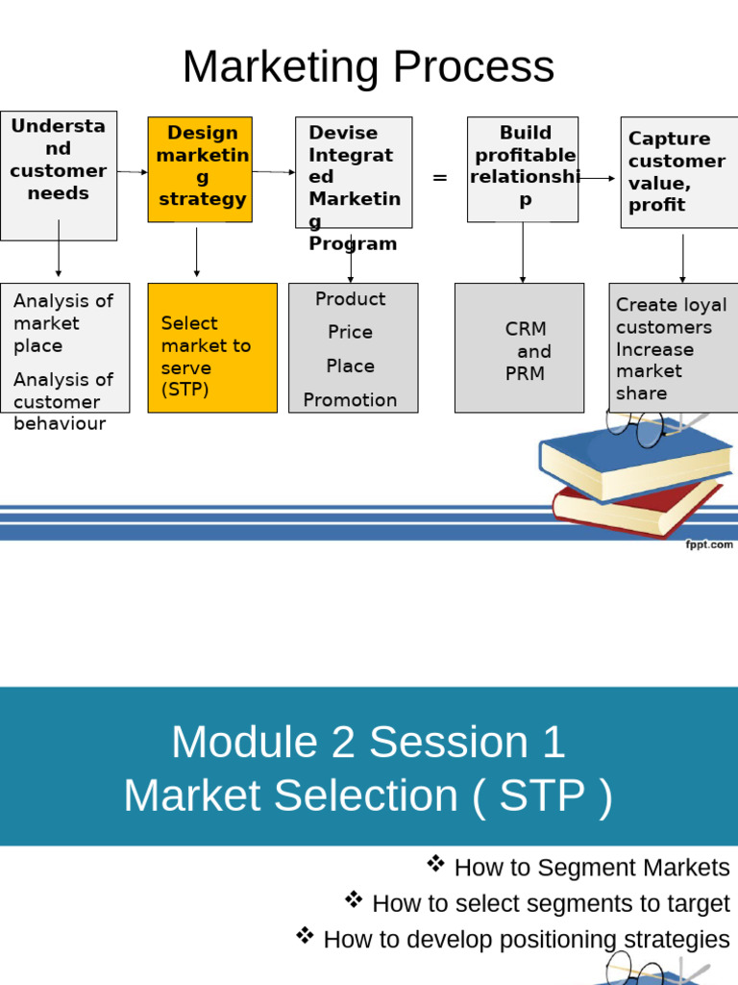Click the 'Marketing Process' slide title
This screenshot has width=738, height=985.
coord(368,67)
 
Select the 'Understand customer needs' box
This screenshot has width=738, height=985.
coord(59,175)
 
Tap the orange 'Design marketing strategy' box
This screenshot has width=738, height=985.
coord(200,168)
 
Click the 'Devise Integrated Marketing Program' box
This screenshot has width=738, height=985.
coord(354,171)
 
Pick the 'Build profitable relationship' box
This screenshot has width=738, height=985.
coord(523,169)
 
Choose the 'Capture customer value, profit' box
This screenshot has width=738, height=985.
coord(679,171)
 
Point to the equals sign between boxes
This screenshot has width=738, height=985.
coord(440,178)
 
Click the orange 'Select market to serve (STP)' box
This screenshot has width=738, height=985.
coord(212,347)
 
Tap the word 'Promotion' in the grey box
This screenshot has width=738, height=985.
coord(350,400)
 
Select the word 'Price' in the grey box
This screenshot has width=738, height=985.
coord(350,332)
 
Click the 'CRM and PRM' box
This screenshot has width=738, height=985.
coord(519,347)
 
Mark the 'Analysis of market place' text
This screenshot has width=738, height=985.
coord(63,323)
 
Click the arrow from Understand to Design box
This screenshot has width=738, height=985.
coord(133,172)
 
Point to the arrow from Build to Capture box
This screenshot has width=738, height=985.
coord(598,178)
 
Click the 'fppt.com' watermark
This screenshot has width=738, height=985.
coord(708,544)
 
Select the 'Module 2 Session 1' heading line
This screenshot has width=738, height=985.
coord(368,743)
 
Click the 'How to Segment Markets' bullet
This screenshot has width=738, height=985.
coord(591,868)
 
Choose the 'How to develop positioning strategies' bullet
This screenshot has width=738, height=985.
coord(526,940)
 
